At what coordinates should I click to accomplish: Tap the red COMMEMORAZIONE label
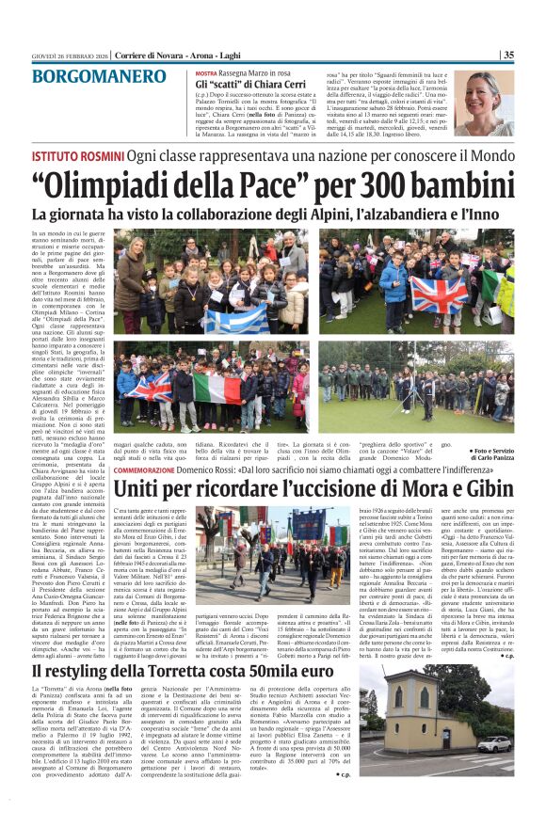click(156, 468)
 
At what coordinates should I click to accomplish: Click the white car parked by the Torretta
click(495, 746)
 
